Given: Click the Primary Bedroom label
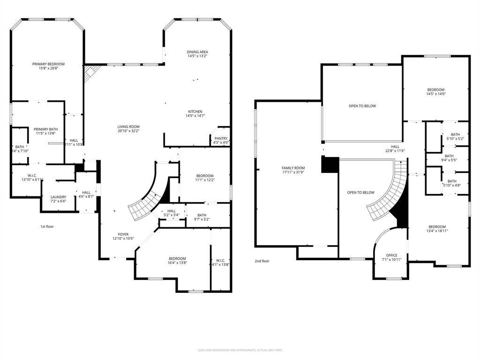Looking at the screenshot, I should [x=48, y=64].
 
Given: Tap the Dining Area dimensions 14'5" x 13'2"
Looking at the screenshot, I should [x=197, y=56].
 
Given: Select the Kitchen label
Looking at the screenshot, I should [x=195, y=112].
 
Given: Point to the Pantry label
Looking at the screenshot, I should [x=221, y=138].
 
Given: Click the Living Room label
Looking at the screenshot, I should [x=128, y=127].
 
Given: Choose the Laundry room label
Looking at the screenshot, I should [x=59, y=197].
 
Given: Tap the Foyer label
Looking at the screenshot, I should [x=123, y=234].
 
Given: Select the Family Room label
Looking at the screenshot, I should [x=293, y=168].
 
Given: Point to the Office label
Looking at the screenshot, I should [x=391, y=255].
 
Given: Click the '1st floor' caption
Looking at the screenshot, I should [x=47, y=226].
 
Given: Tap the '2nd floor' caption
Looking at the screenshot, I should [x=262, y=261].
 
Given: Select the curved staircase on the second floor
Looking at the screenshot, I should [x=389, y=197].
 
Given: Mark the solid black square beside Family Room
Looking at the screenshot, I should [x=330, y=165].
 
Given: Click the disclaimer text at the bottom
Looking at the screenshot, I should [x=240, y=350].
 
